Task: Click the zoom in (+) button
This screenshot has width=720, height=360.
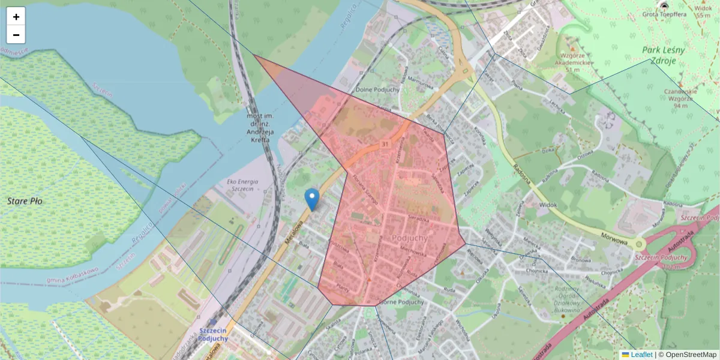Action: click(x=16, y=17)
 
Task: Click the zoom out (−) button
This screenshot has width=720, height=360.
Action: click(x=16, y=35)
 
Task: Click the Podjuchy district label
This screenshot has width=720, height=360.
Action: click(x=409, y=238)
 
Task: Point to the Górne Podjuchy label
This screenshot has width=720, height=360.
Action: click(x=401, y=302)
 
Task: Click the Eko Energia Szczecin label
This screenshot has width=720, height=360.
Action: click(x=242, y=184)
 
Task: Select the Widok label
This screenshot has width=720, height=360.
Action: click(x=548, y=205)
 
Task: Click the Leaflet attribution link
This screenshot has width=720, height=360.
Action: click(x=641, y=355)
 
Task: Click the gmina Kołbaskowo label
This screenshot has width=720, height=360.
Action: click(x=71, y=280)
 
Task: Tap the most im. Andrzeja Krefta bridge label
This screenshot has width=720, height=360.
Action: click(x=260, y=126)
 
